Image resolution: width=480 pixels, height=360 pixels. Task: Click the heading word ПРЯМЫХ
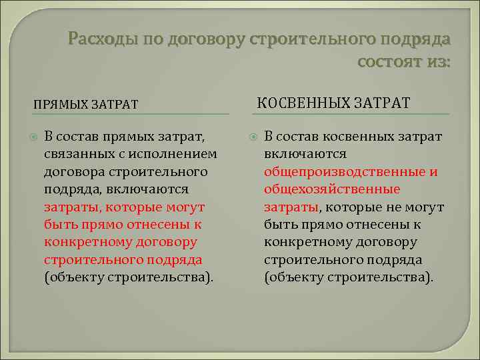[61, 104]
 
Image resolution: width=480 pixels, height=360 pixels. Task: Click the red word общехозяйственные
[332, 189]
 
